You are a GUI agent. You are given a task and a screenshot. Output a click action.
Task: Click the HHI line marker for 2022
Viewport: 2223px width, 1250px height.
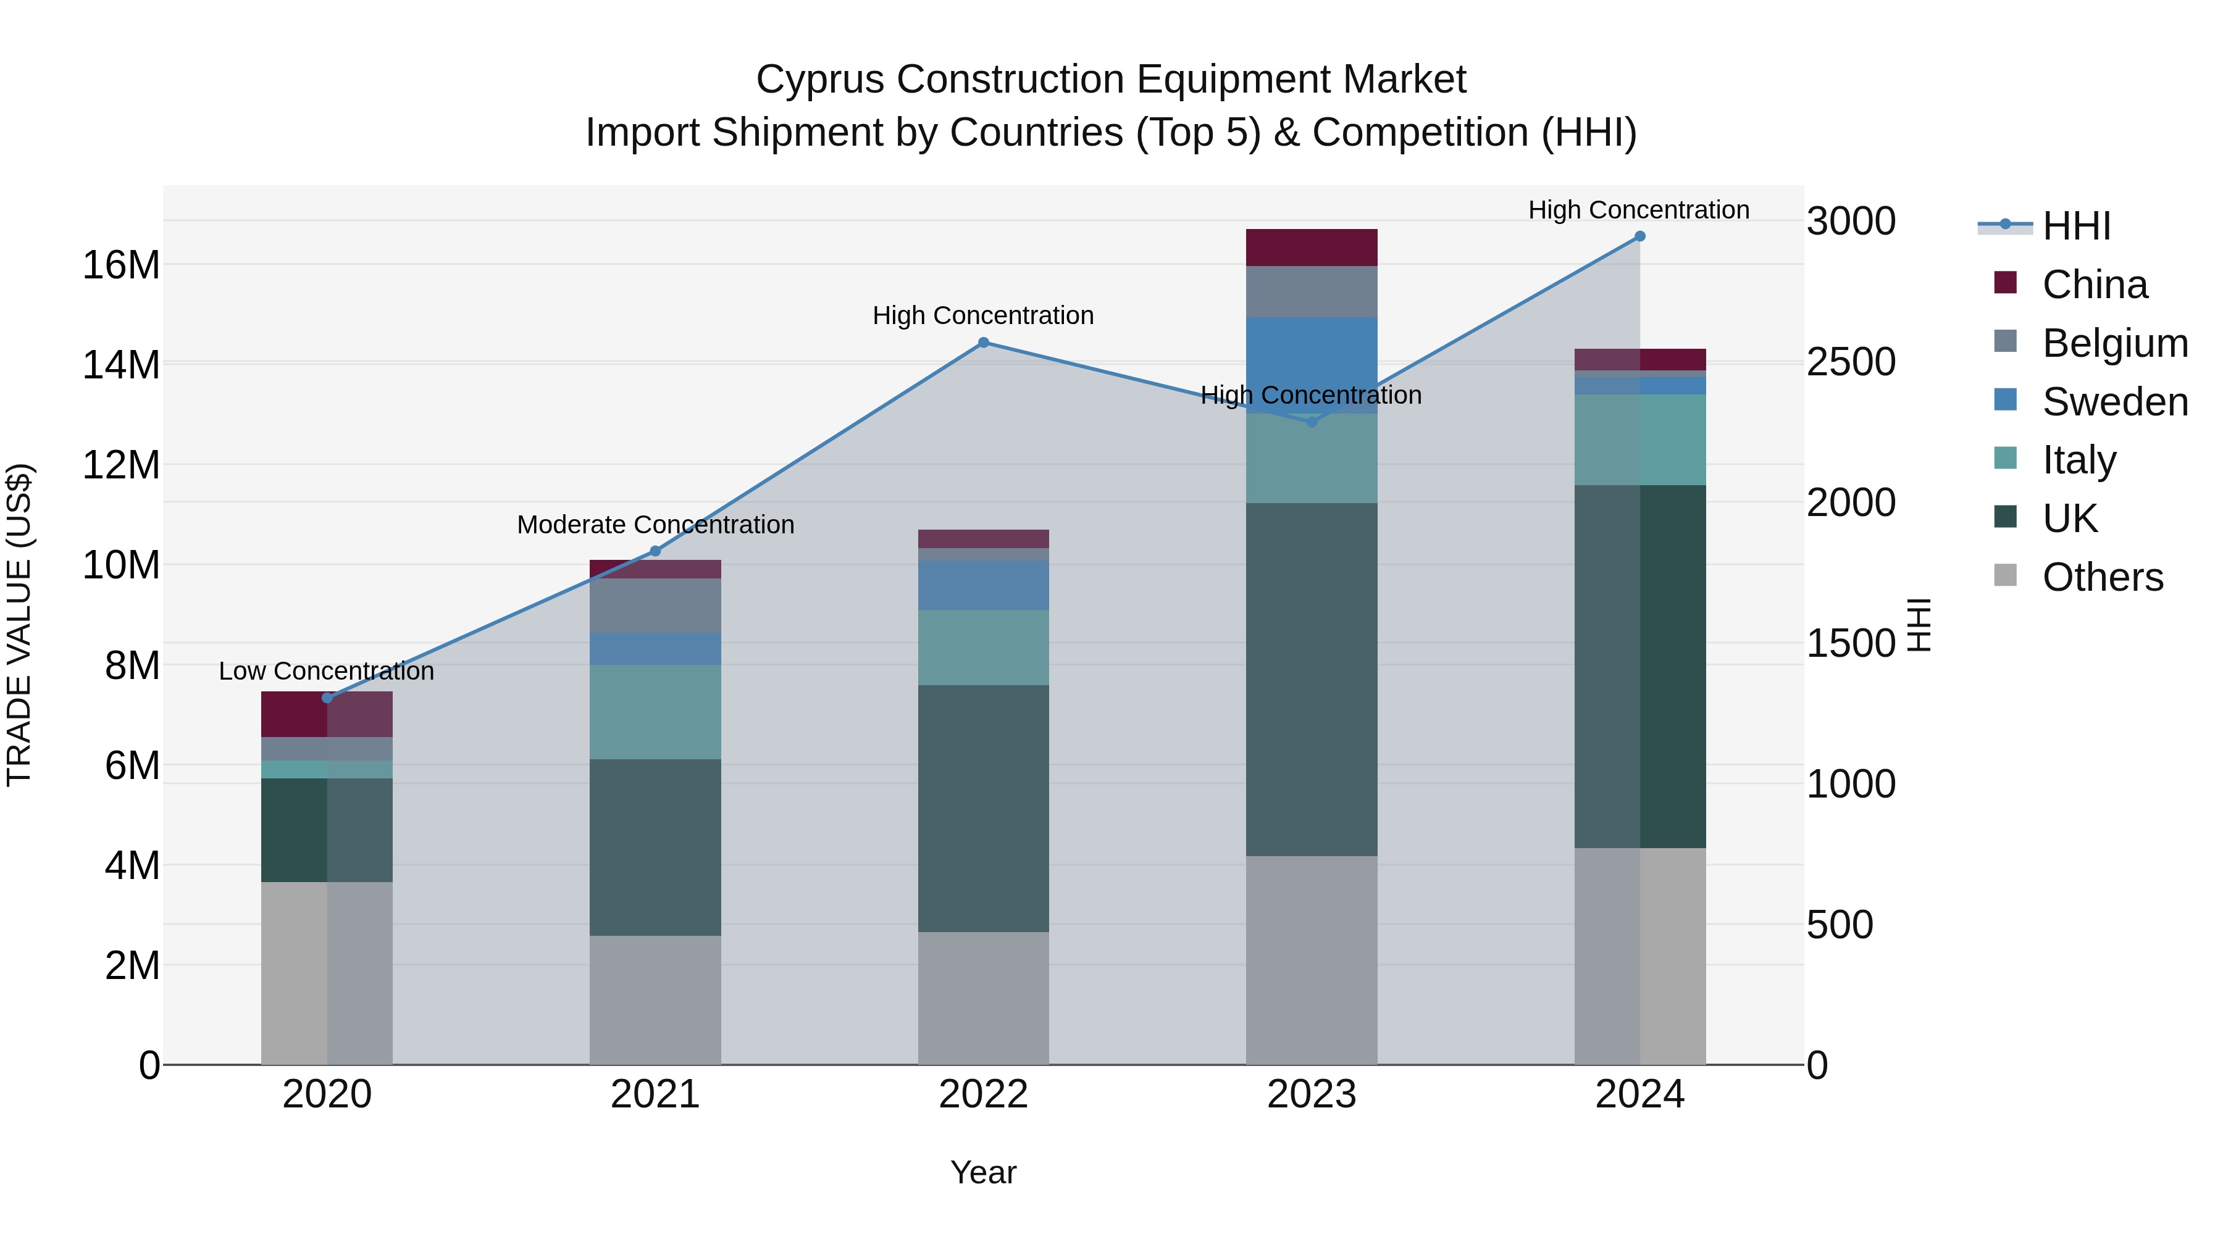pos(983,343)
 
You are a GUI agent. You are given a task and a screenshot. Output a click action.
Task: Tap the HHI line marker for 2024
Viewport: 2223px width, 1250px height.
pos(1639,236)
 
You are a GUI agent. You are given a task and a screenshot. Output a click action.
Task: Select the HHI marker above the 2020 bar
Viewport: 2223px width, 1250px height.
pos(327,698)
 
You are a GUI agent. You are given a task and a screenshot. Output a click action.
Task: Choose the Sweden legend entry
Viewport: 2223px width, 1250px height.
pos(2114,402)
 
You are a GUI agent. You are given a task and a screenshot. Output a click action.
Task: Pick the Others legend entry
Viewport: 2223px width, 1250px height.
pos(2102,577)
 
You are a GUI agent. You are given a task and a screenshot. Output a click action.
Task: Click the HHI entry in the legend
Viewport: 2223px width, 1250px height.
pos(2076,226)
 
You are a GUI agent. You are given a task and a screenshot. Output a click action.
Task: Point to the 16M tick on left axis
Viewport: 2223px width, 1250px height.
pos(121,265)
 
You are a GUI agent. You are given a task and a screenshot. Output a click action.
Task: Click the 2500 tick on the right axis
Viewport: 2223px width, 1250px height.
pos(1851,362)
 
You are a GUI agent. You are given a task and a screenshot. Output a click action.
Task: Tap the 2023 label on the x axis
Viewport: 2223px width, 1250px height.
pos(1311,1094)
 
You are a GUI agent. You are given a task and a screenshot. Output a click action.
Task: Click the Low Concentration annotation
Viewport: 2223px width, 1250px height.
pos(326,671)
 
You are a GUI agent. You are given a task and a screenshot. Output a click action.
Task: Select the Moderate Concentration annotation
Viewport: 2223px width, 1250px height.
pos(655,525)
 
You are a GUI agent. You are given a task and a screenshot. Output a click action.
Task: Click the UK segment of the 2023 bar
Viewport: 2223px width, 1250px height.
pos(1311,679)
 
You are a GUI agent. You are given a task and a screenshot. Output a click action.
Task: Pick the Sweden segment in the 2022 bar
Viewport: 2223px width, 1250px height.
pos(983,586)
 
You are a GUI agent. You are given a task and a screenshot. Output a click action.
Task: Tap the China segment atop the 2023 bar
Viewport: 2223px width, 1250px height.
pos(1311,248)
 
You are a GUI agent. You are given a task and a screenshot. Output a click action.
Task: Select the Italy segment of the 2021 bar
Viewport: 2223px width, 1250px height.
pos(655,712)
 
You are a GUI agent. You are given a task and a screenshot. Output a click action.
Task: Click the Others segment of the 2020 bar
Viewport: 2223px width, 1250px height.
pos(326,973)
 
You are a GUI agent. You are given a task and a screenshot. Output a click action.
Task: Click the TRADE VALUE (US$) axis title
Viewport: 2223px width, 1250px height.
pos(19,625)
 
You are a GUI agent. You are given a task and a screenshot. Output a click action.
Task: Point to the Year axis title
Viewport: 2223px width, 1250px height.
pos(983,1173)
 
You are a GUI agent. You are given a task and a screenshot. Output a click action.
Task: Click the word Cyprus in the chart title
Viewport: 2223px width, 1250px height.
pos(820,80)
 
